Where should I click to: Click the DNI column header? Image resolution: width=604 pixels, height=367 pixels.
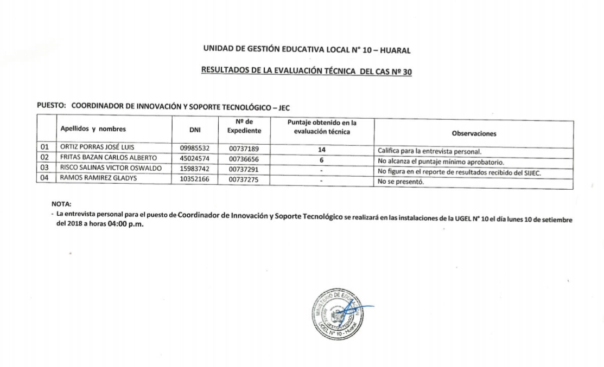click(x=194, y=130)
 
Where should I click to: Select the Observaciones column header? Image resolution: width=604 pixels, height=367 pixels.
click(x=474, y=133)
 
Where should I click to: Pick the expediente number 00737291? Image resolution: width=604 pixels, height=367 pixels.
click(x=244, y=170)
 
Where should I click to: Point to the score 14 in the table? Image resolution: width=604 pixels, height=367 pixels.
click(x=322, y=150)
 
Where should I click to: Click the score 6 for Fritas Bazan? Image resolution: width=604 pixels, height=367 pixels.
click(x=322, y=160)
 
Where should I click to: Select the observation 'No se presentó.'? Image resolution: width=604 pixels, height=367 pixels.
click(x=400, y=182)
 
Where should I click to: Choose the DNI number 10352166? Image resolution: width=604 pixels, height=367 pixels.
click(x=194, y=179)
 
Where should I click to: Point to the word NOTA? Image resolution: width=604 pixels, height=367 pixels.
click(x=61, y=204)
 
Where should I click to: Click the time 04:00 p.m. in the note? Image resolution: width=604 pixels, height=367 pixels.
click(x=126, y=225)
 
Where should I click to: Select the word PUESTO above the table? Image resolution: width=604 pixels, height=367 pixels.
click(x=50, y=107)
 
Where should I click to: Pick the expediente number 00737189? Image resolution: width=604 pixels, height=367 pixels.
click(x=244, y=148)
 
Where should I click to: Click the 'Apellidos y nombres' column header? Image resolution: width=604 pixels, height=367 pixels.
click(x=93, y=129)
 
